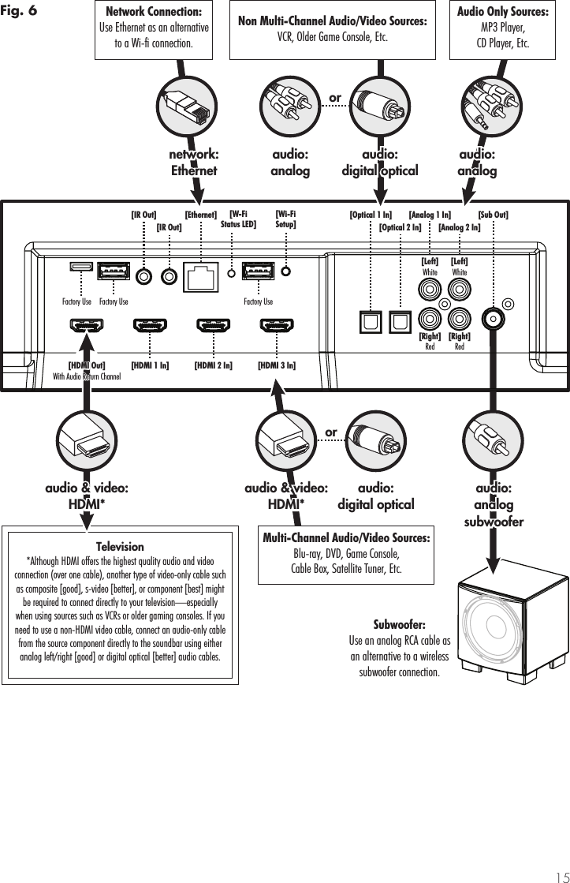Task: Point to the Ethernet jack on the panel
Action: [x=200, y=276]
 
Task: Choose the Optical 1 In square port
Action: [x=370, y=320]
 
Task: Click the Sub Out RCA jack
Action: [x=494, y=318]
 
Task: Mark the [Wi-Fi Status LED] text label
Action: [x=237, y=218]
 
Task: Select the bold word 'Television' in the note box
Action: [x=119, y=546]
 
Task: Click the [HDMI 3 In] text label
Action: [x=277, y=365]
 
